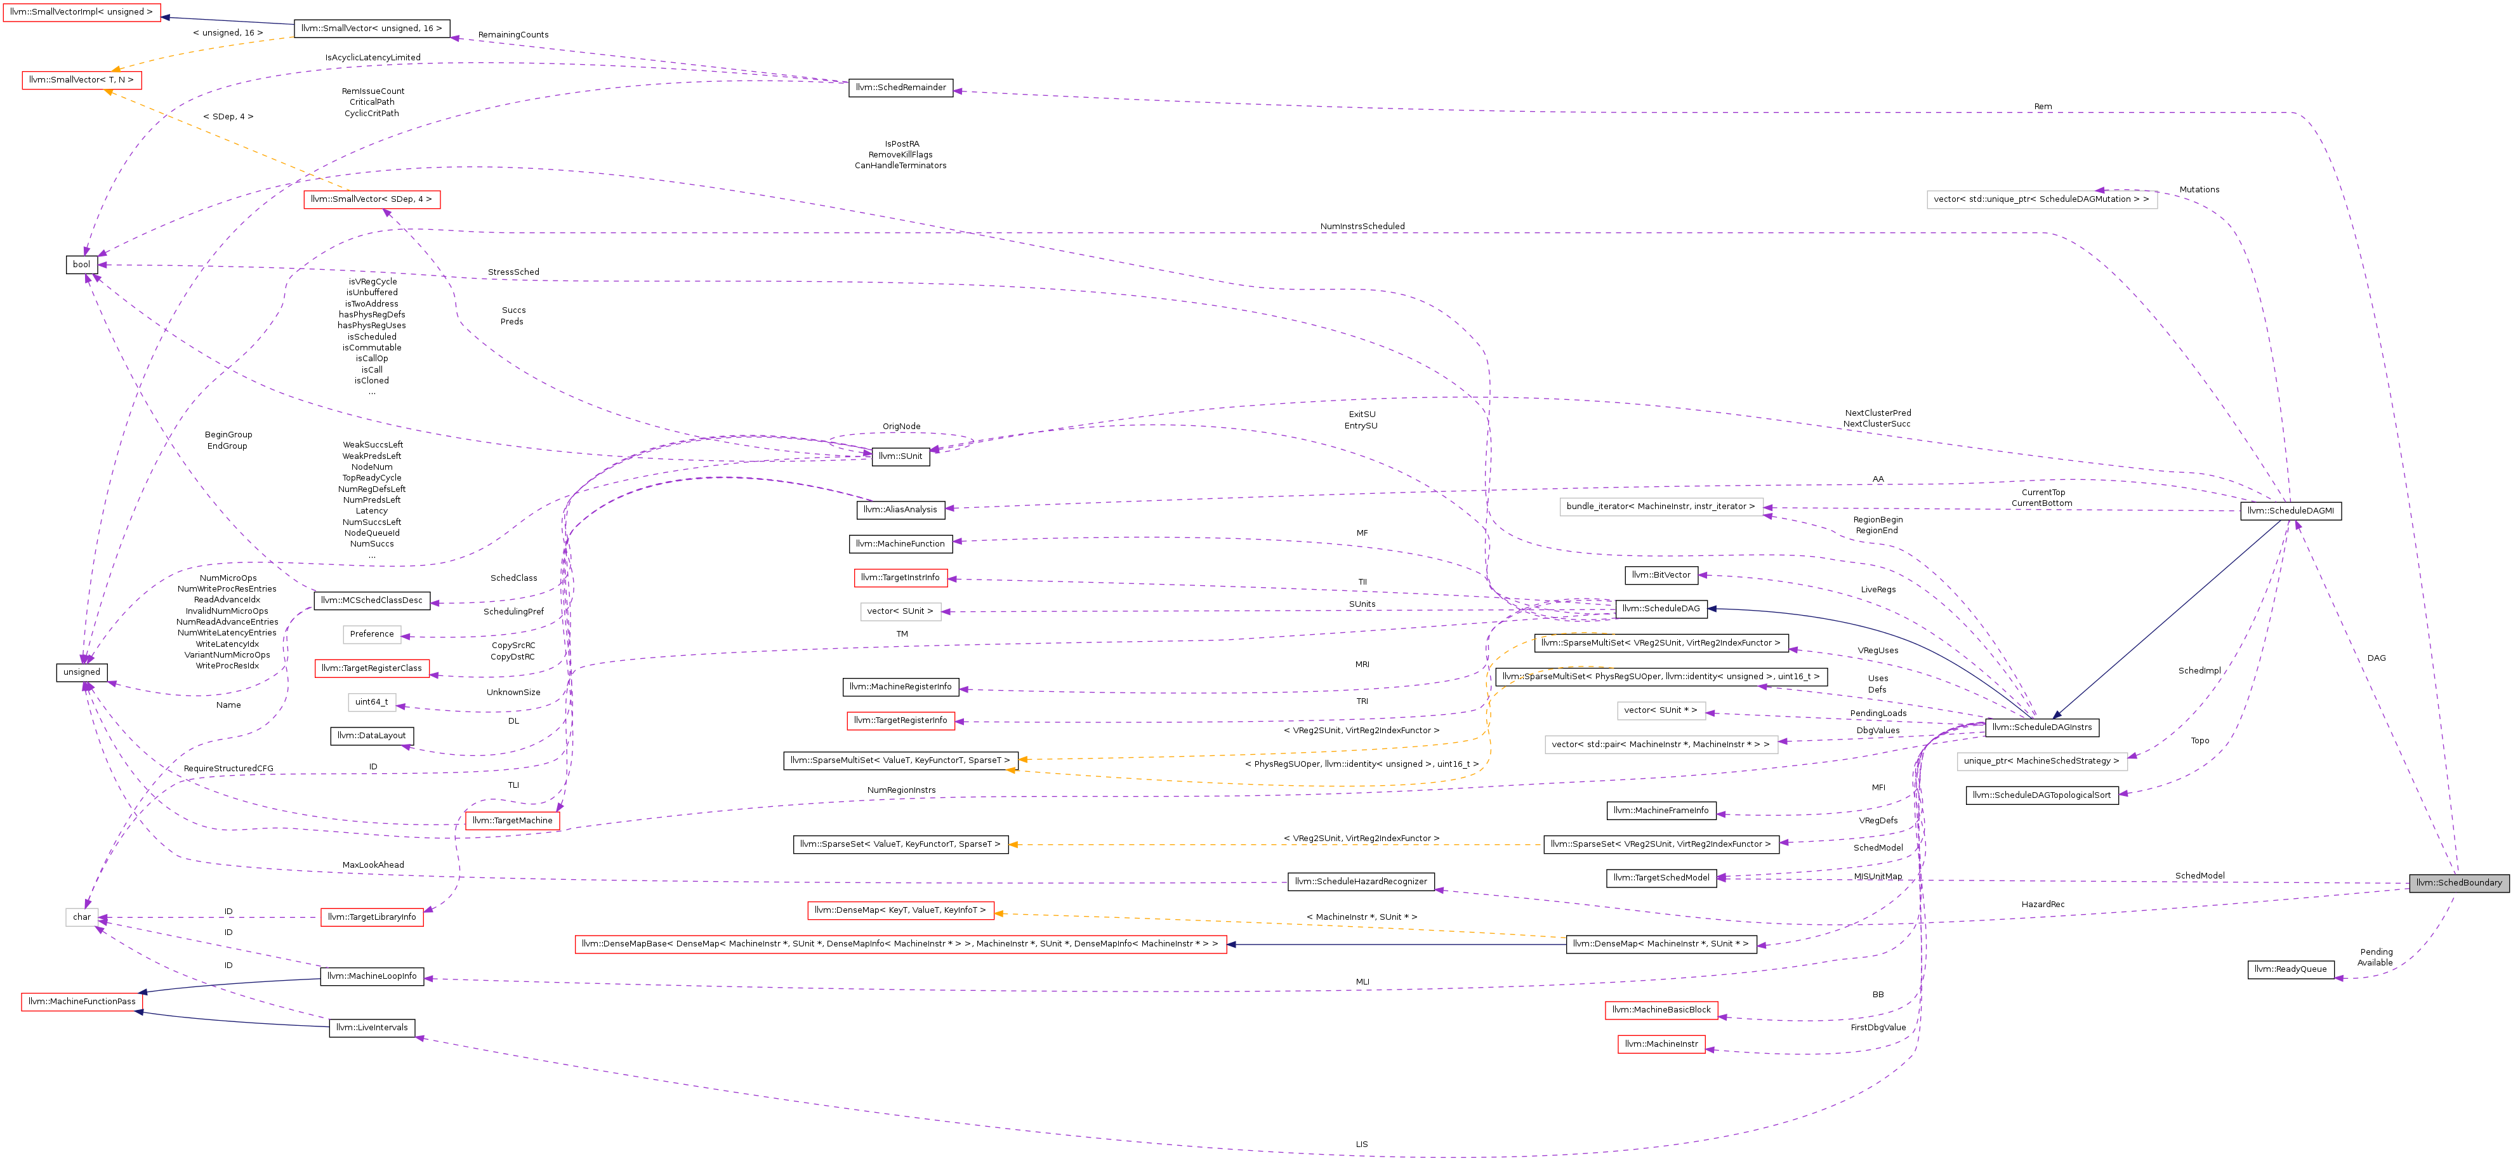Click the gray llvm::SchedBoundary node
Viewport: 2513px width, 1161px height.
click(2458, 883)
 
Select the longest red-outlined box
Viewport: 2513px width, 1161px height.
click(900, 945)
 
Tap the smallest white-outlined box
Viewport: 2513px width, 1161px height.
click(82, 917)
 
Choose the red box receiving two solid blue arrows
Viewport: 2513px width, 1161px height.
click(82, 1002)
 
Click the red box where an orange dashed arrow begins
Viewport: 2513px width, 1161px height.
click(372, 200)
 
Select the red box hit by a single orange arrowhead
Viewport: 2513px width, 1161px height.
click(900, 912)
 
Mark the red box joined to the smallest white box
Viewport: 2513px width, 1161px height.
click(372, 917)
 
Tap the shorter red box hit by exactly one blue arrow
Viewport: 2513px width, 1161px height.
click(81, 13)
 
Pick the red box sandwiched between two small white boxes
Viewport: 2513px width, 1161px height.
click(372, 668)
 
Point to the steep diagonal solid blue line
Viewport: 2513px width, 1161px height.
click(2166, 621)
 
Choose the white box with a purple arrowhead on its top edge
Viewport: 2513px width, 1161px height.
click(2042, 200)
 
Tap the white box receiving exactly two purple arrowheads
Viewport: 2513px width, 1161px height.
click(1661, 507)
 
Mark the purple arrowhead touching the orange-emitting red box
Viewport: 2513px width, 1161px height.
click(386, 213)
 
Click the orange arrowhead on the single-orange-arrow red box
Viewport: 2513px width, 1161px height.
click(999, 914)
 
